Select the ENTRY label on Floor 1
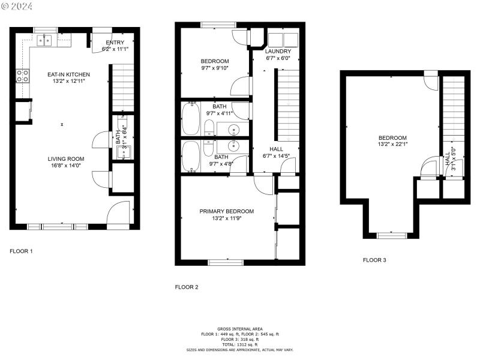click(115, 43)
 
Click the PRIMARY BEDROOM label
click(227, 211)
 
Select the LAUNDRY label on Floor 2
click(278, 52)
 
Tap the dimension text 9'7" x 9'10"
click(215, 68)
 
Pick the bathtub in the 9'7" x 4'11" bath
click(191, 118)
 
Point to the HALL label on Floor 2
click(277, 149)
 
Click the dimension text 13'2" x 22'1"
click(392, 144)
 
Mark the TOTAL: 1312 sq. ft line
click(239, 344)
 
